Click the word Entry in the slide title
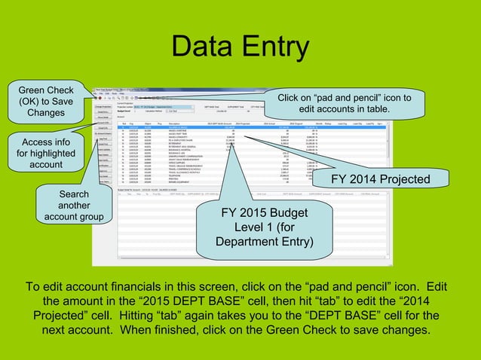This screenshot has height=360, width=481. tap(274, 47)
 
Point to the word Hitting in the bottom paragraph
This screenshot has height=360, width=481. tap(214, 316)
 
